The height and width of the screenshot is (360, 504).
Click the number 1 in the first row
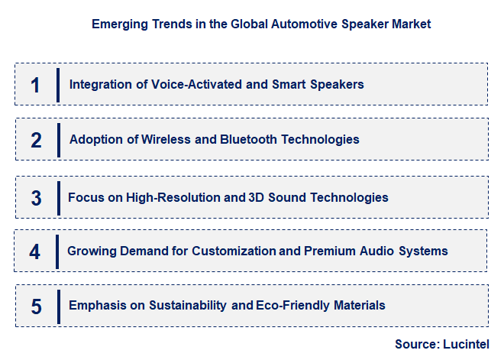[x=35, y=85]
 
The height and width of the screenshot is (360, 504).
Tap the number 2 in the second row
[x=36, y=140]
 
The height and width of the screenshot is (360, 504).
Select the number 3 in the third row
[x=36, y=198]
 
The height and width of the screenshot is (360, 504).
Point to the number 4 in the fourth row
[x=35, y=251]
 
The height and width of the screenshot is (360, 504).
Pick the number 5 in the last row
[x=36, y=306]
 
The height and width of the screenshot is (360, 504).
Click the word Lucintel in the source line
[x=464, y=345]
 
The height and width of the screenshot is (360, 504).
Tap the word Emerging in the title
[x=117, y=24]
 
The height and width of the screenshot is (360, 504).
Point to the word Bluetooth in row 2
[x=247, y=140]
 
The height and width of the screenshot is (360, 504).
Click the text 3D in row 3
[x=257, y=198]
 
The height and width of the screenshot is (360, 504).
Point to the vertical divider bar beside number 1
[x=58, y=85]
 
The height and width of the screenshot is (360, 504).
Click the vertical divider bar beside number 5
[x=58, y=306]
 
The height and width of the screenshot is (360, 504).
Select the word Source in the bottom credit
[x=415, y=345]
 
